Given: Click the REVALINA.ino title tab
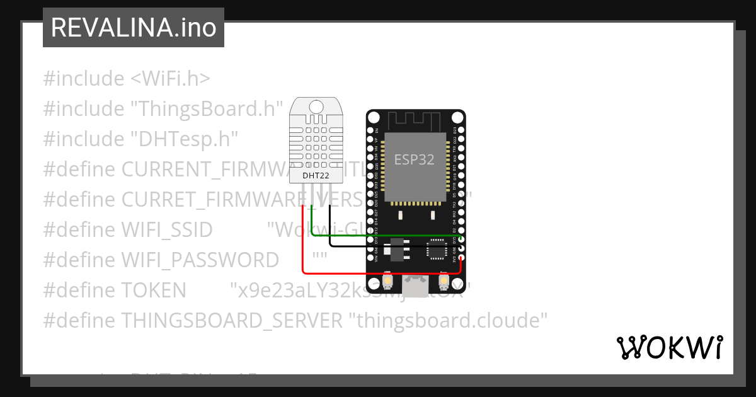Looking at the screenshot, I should [133, 28].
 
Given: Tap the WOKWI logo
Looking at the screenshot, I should [670, 347].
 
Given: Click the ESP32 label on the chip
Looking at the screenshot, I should [414, 159].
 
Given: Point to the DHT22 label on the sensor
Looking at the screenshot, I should [316, 176].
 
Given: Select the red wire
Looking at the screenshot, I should [378, 273].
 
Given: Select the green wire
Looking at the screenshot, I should [384, 236].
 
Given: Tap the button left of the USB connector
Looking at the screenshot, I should [388, 280].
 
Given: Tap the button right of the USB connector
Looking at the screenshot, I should [444, 280].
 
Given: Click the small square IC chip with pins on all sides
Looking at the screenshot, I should [436, 250].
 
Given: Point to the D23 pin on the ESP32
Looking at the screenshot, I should [462, 131].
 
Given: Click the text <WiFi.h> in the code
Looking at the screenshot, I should [170, 79].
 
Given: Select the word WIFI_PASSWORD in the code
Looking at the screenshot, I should [200, 260].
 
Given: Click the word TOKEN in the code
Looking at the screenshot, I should [154, 291].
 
